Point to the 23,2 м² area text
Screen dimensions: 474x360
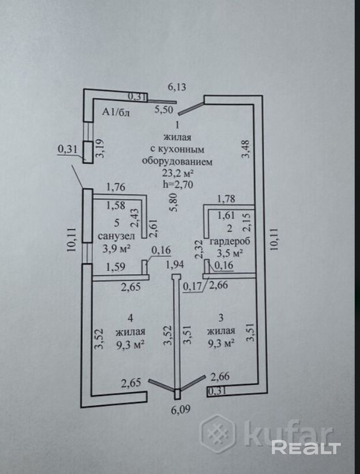coord(177,173)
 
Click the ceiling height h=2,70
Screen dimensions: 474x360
coord(177,185)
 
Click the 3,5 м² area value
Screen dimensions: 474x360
coord(229,252)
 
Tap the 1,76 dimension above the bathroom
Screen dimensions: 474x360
coord(116,187)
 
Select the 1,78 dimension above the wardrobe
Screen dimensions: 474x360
coord(227,200)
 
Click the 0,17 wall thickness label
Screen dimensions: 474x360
coord(192,284)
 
